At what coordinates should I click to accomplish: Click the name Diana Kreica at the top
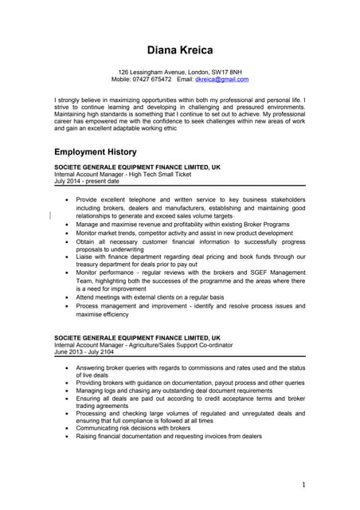point(179,50)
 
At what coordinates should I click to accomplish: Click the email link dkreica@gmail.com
point(221,80)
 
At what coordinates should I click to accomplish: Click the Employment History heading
point(95,151)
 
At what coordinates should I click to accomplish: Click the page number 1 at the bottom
point(303,484)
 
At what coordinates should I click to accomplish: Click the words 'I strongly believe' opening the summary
point(81,100)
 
